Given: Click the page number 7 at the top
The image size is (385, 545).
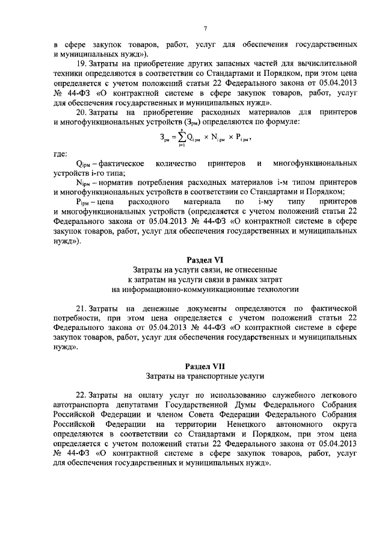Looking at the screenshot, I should [205, 28].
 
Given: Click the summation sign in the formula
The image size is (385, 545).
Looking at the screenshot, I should [179, 138].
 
